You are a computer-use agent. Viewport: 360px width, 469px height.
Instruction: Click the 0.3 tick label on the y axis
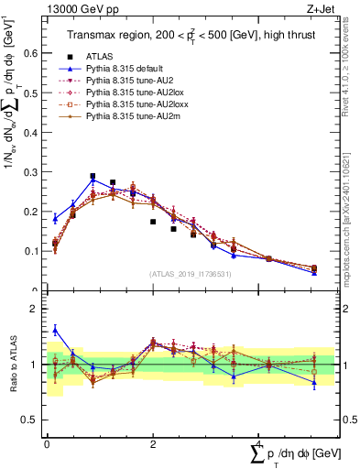[x=33, y=171]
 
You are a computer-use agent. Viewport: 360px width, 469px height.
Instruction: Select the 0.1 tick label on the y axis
[x=33, y=250]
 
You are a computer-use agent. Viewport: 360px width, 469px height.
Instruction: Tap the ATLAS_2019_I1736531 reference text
[x=190, y=274]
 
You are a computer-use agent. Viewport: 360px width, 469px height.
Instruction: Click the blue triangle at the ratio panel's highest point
[x=55, y=330]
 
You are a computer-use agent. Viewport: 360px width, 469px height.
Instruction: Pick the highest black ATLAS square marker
[x=93, y=176]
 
